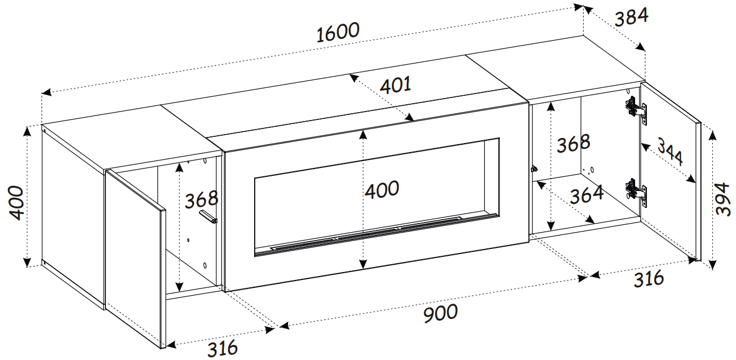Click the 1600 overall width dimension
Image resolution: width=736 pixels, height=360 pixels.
coord(338,32)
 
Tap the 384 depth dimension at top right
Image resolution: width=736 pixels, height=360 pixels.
coord(631,17)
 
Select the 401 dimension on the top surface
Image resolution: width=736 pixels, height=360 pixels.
coord(395,85)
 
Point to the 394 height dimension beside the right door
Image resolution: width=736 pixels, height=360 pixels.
coord(723,199)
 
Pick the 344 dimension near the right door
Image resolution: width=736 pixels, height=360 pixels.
coord(670,153)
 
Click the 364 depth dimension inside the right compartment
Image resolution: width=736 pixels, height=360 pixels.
coord(587,194)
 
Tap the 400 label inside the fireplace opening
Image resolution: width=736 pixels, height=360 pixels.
coord(382,189)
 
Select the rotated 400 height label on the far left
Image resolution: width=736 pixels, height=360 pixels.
coord(16,203)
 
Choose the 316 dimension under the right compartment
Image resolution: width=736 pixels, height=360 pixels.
coord(649,279)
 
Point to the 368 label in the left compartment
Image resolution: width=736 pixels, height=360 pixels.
coord(201,199)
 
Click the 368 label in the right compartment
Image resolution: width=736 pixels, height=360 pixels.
coord(573,143)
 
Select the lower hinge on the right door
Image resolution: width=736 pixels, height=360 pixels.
coord(636,193)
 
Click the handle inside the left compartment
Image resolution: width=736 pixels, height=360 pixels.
coord(208,217)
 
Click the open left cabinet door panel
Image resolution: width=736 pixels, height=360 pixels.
coord(135,258)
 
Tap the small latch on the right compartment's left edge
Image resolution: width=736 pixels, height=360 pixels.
coord(534,169)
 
